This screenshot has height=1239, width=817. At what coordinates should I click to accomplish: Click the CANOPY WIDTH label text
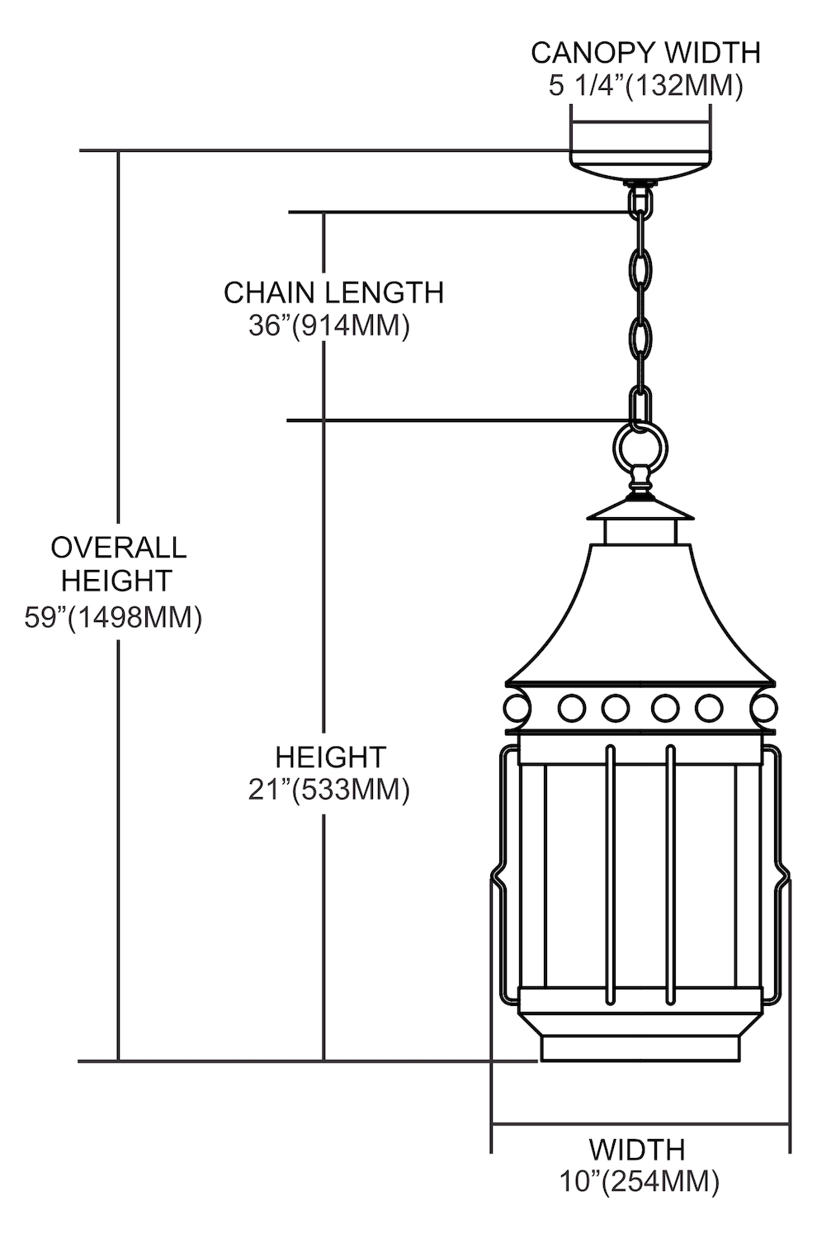coord(645,53)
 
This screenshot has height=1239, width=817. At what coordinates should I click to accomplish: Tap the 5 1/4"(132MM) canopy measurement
coord(645,86)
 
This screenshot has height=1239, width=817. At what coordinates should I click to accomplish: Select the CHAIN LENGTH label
coord(333,292)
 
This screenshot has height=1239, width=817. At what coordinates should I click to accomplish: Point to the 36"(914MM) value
coord(329,326)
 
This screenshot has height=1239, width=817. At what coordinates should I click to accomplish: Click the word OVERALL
coord(119,547)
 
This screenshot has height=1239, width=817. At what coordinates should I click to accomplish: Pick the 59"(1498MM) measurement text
coord(113,618)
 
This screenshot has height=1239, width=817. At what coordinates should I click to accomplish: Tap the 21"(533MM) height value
coord(329,790)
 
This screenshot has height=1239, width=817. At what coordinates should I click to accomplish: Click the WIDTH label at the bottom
coord(636,1149)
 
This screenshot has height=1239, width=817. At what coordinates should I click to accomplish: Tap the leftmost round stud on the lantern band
coord(516,708)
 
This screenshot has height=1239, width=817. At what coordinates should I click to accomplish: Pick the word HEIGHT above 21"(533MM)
coord(330,757)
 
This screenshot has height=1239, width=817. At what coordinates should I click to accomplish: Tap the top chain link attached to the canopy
coord(640,201)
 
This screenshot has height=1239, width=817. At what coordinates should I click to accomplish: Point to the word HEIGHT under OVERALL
coord(116,581)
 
